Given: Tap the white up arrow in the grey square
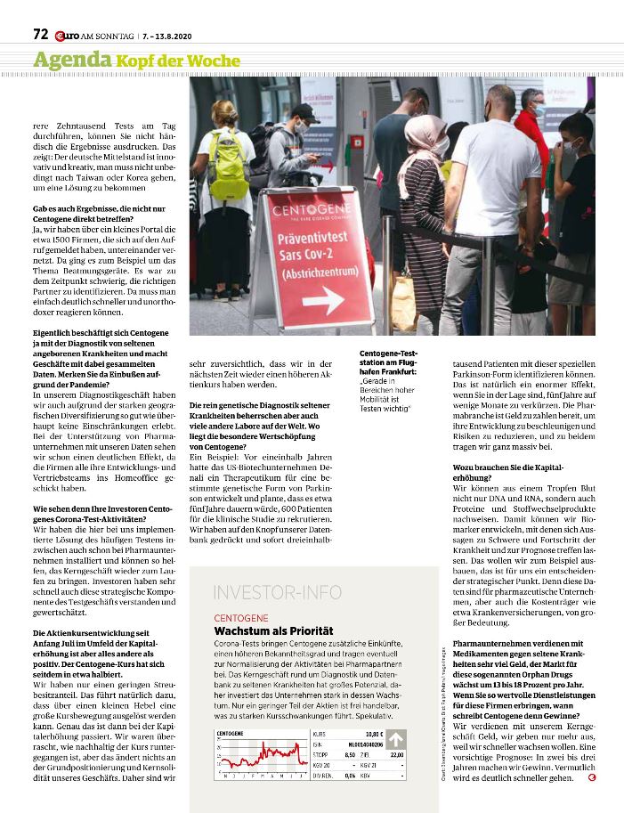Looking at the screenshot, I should click(x=395, y=738).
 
